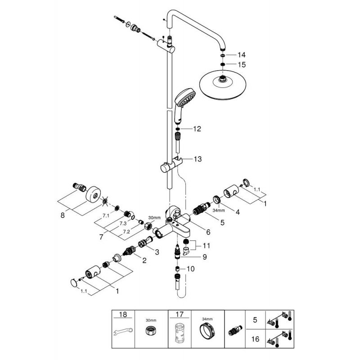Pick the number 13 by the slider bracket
click(198, 159)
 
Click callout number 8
click(63, 216)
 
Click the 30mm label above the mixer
click(154, 218)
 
